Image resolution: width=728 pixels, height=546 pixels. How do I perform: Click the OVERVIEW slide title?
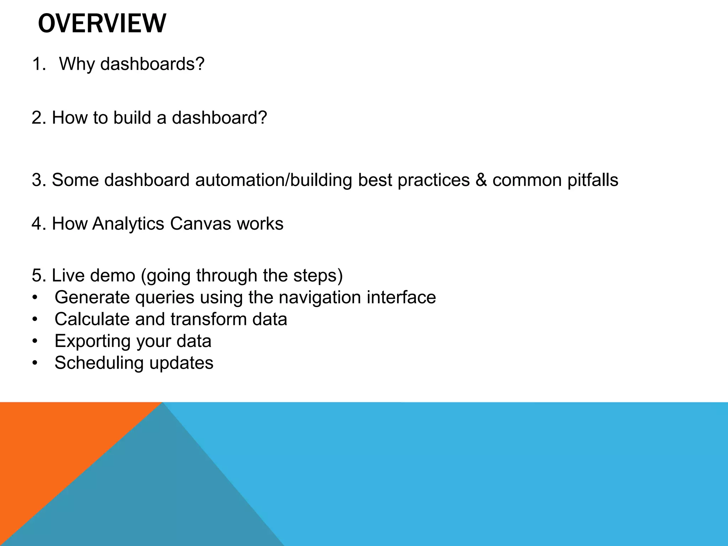(x=102, y=23)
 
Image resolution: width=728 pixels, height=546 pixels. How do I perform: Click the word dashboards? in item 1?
(x=152, y=64)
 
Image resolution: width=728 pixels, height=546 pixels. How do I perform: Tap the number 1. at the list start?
(x=39, y=64)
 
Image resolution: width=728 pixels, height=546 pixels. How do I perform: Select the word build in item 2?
(x=132, y=118)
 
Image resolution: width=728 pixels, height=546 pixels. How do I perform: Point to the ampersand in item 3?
(x=481, y=180)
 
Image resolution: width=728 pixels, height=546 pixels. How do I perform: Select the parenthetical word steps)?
(x=318, y=275)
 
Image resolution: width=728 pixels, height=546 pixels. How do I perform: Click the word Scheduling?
(x=99, y=363)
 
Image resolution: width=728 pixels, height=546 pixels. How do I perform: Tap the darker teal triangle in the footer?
(x=160, y=498)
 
